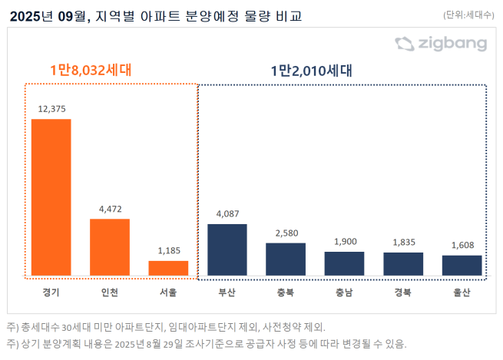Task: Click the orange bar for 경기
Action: [51, 197]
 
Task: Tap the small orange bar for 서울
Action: [168, 268]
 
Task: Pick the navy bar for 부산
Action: [227, 249]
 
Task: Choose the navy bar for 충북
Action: [286, 259]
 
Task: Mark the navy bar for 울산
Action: [462, 265]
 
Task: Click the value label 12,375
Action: [51, 110]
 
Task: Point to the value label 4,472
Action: [110, 209]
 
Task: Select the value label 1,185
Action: [168, 250]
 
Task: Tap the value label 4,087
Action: [227, 214]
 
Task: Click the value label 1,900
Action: [344, 241]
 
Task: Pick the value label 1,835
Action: [403, 242]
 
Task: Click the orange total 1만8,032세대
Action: [91, 70]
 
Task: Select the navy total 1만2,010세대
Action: [310, 71]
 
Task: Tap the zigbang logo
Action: [441, 44]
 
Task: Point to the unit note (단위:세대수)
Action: [469, 15]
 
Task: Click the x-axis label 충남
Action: [344, 292]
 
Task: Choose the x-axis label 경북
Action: [403, 292]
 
